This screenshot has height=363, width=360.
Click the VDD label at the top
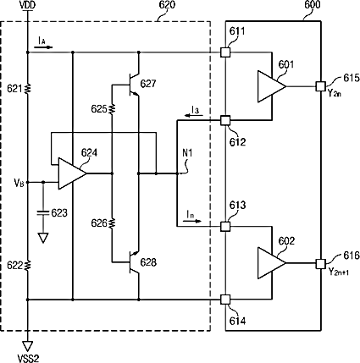(27, 5)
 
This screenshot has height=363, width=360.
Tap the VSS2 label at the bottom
(28, 359)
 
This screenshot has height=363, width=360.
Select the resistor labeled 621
(28, 89)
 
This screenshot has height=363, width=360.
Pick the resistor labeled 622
(28, 266)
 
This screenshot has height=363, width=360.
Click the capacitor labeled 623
(43, 212)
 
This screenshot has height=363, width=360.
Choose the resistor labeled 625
(112, 109)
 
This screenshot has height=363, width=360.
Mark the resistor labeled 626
(112, 223)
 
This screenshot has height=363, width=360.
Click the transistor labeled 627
(134, 85)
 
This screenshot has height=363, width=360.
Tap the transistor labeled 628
(134, 262)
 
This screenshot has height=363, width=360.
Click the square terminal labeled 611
(225, 52)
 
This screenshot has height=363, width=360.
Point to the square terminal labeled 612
(225, 120)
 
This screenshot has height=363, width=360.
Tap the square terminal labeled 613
(225, 226)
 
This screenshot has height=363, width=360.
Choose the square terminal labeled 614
(225, 300)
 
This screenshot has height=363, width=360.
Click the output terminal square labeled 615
(320, 86)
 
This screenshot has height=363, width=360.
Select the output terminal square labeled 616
(320, 264)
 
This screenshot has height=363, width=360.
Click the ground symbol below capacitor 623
(43, 238)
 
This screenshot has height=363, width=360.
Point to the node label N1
(187, 153)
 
